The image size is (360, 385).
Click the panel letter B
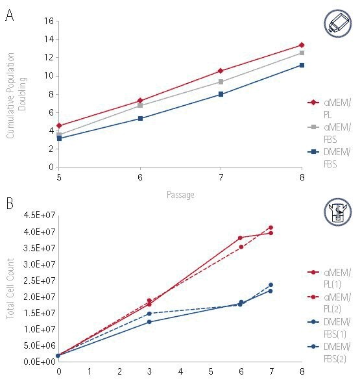pos(9,203)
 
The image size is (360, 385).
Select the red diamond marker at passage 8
pos(302,45)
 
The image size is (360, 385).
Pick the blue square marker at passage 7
pos(221,94)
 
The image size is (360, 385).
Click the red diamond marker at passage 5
pos(59,125)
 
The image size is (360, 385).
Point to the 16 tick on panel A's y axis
pos(47,21)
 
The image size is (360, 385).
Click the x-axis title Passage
pos(180,194)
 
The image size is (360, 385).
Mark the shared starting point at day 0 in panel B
pos(59,355)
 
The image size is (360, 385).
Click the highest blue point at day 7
pos(271,284)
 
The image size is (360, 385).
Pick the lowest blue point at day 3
pos(149,322)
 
